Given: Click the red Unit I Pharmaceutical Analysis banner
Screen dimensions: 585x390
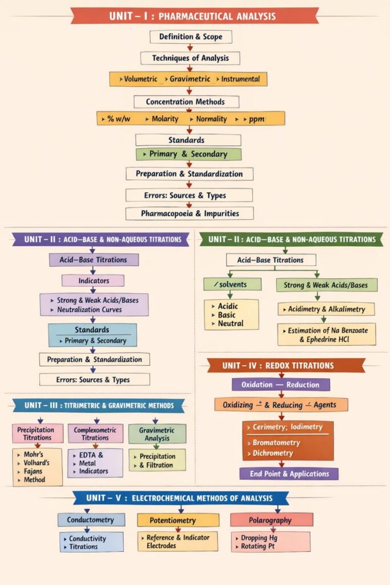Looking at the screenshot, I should click(x=195, y=15).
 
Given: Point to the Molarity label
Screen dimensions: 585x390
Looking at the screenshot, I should click(x=165, y=119).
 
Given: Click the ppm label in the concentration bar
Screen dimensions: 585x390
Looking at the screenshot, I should click(x=255, y=119).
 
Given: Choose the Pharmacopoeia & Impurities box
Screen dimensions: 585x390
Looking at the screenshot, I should click(x=190, y=214).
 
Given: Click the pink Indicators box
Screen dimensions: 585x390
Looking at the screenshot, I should click(x=93, y=281).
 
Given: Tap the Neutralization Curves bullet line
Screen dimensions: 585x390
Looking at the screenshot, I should click(x=89, y=310).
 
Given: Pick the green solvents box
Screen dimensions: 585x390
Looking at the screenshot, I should click(x=232, y=284).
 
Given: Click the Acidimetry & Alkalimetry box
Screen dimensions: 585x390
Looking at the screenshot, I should click(x=326, y=309).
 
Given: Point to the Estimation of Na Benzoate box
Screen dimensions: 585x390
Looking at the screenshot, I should click(x=327, y=334).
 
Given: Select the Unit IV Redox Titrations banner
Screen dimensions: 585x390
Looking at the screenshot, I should click(x=286, y=365).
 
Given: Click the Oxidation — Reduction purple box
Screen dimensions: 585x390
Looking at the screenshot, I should click(x=280, y=384).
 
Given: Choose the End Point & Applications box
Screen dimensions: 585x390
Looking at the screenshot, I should click(x=288, y=474).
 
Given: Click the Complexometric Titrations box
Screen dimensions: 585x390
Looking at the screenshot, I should click(x=95, y=433).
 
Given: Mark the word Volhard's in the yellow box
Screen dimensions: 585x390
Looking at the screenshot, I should click(x=37, y=463).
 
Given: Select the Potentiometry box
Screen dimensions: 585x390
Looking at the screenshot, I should click(x=178, y=520).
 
